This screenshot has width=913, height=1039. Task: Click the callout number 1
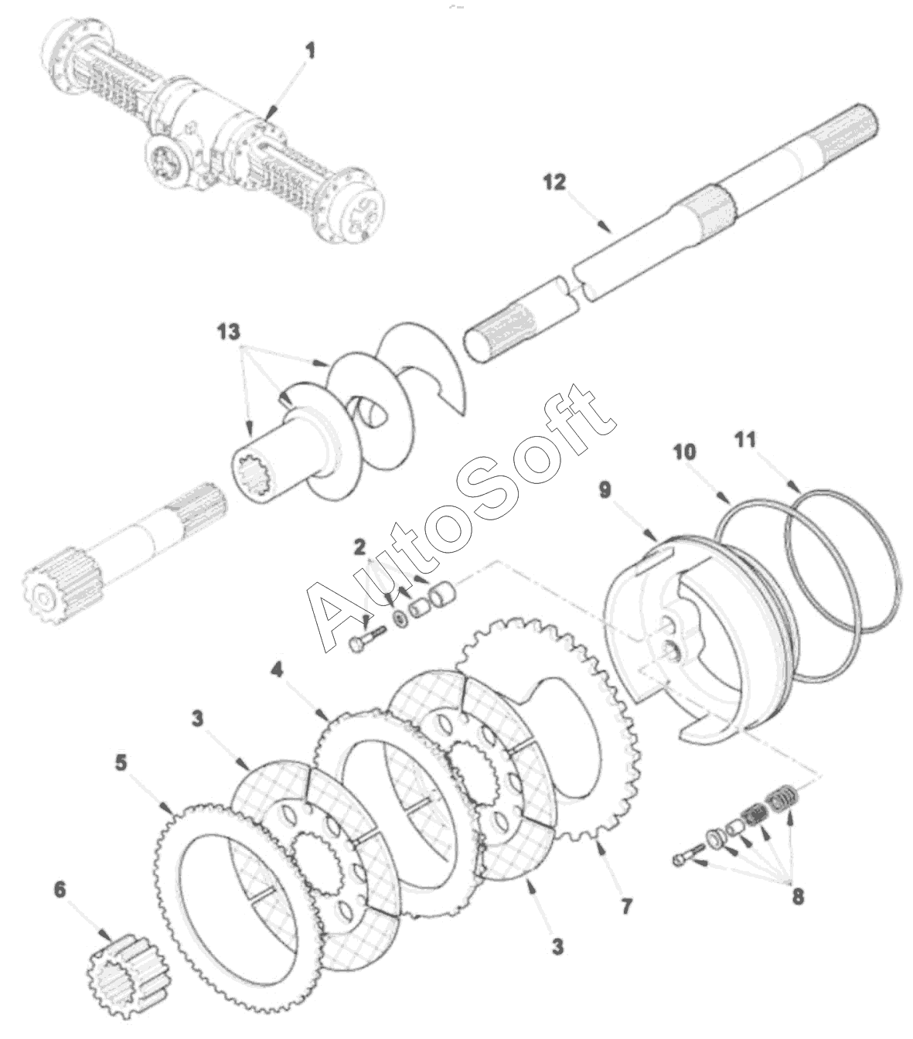coord(310,53)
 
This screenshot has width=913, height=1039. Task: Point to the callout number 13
coord(229,332)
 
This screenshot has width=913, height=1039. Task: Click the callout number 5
coord(121,762)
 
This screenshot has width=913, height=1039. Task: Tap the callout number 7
coord(626,905)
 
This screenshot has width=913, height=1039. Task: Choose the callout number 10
coord(683,450)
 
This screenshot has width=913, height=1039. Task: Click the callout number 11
coord(744,441)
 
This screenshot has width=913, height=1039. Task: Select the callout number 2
coord(359,548)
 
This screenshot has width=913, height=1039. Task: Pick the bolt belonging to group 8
coord(688,857)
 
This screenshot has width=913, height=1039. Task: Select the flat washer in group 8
coord(714,839)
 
